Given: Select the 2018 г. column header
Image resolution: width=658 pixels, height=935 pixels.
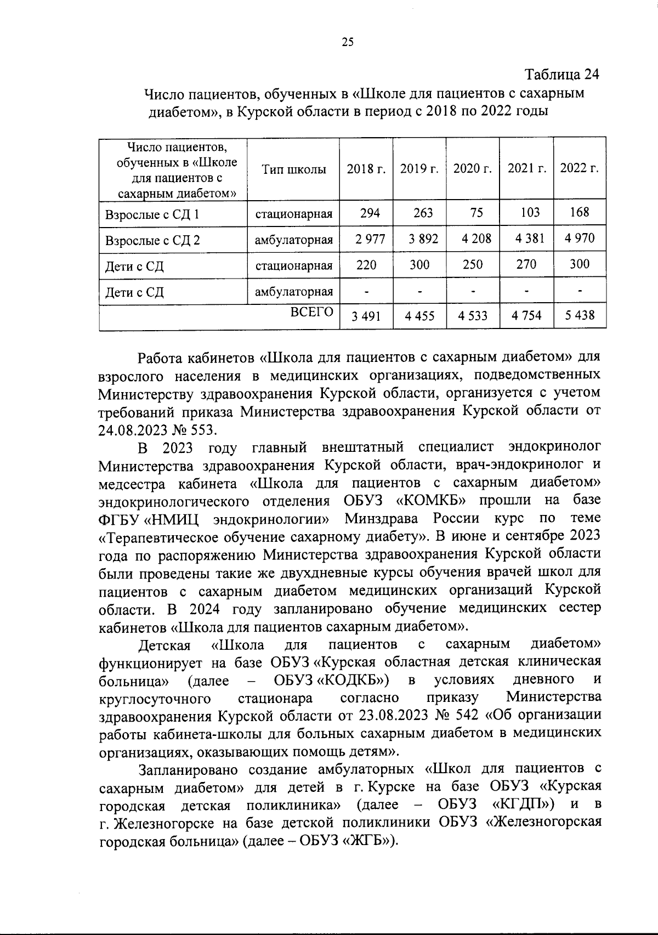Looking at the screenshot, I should [x=366, y=169].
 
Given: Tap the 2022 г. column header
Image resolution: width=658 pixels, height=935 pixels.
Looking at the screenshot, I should [x=579, y=168].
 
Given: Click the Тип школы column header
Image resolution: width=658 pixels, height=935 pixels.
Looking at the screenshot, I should [x=293, y=169].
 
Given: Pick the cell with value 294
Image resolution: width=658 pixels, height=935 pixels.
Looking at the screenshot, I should [x=370, y=212].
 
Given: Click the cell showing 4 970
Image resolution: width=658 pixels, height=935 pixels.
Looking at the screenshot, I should [x=579, y=238].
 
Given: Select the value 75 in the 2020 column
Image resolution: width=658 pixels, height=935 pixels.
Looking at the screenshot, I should [x=477, y=212].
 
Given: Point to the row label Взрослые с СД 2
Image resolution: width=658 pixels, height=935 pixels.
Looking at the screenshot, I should [x=152, y=240].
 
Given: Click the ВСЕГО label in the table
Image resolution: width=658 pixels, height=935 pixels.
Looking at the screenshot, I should [x=311, y=311].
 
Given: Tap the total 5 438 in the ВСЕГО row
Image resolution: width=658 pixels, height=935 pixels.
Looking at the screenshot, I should [x=579, y=316].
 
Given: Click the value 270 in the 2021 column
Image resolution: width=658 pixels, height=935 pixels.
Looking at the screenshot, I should [x=526, y=264].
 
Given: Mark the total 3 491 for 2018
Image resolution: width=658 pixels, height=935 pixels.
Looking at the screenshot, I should [x=366, y=316].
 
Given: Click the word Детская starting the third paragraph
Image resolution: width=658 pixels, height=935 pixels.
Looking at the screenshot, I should [x=164, y=644].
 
